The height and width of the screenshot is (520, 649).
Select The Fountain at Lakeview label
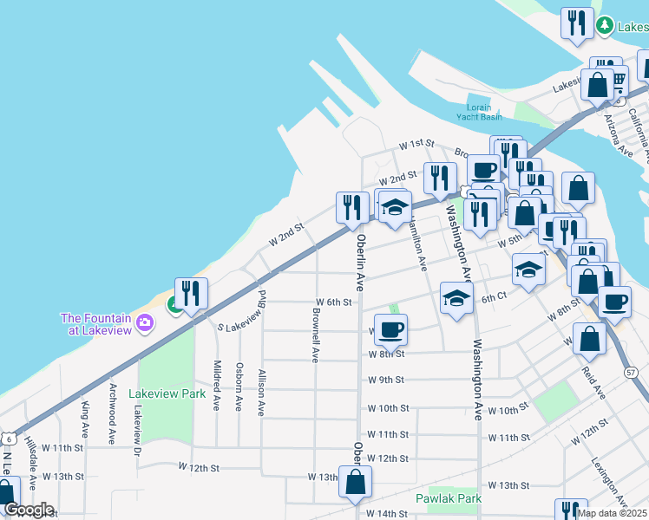click(95, 323)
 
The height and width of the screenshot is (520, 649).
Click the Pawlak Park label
click(448, 498)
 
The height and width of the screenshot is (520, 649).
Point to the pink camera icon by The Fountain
click(144, 324)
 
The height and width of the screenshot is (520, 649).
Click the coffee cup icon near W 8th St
click(390, 328)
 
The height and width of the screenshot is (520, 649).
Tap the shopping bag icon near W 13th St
click(356, 483)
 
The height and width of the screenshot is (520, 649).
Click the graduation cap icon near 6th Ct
click(456, 298)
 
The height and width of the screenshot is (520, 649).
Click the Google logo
click(29, 510)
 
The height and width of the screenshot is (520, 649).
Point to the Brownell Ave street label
click(316, 339)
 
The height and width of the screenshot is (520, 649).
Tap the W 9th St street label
click(386, 380)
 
